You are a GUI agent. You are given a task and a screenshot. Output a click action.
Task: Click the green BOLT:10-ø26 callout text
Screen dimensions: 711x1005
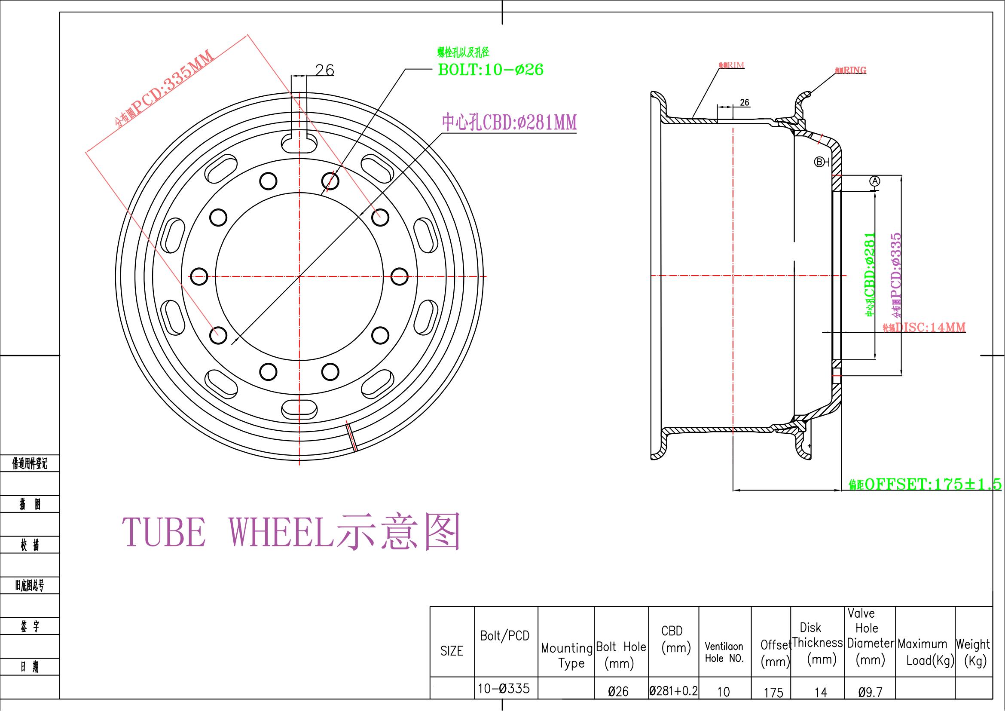click(x=490, y=70)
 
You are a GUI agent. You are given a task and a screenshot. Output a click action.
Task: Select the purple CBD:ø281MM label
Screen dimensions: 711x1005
click(x=509, y=123)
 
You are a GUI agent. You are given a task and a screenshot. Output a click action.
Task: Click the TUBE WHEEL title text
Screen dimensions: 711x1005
click(x=291, y=531)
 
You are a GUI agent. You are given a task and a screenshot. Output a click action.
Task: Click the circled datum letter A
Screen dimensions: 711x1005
click(x=874, y=181)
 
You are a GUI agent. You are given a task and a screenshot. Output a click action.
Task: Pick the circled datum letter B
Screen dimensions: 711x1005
click(x=819, y=162)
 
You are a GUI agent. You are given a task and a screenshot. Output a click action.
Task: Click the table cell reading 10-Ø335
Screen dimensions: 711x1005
click(x=504, y=689)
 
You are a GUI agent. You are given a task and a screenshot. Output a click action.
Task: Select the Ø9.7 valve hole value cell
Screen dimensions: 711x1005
click(x=870, y=692)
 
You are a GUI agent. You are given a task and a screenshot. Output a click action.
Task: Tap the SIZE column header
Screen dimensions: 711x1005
click(x=452, y=651)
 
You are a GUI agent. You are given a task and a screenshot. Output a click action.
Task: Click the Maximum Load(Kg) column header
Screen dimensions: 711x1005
click(x=925, y=652)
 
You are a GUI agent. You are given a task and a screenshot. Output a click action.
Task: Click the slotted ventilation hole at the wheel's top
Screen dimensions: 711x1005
click(x=299, y=143)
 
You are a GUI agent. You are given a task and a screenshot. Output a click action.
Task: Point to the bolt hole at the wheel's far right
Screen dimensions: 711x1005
click(x=399, y=276)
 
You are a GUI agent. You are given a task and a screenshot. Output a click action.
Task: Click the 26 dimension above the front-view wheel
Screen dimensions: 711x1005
click(x=324, y=70)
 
